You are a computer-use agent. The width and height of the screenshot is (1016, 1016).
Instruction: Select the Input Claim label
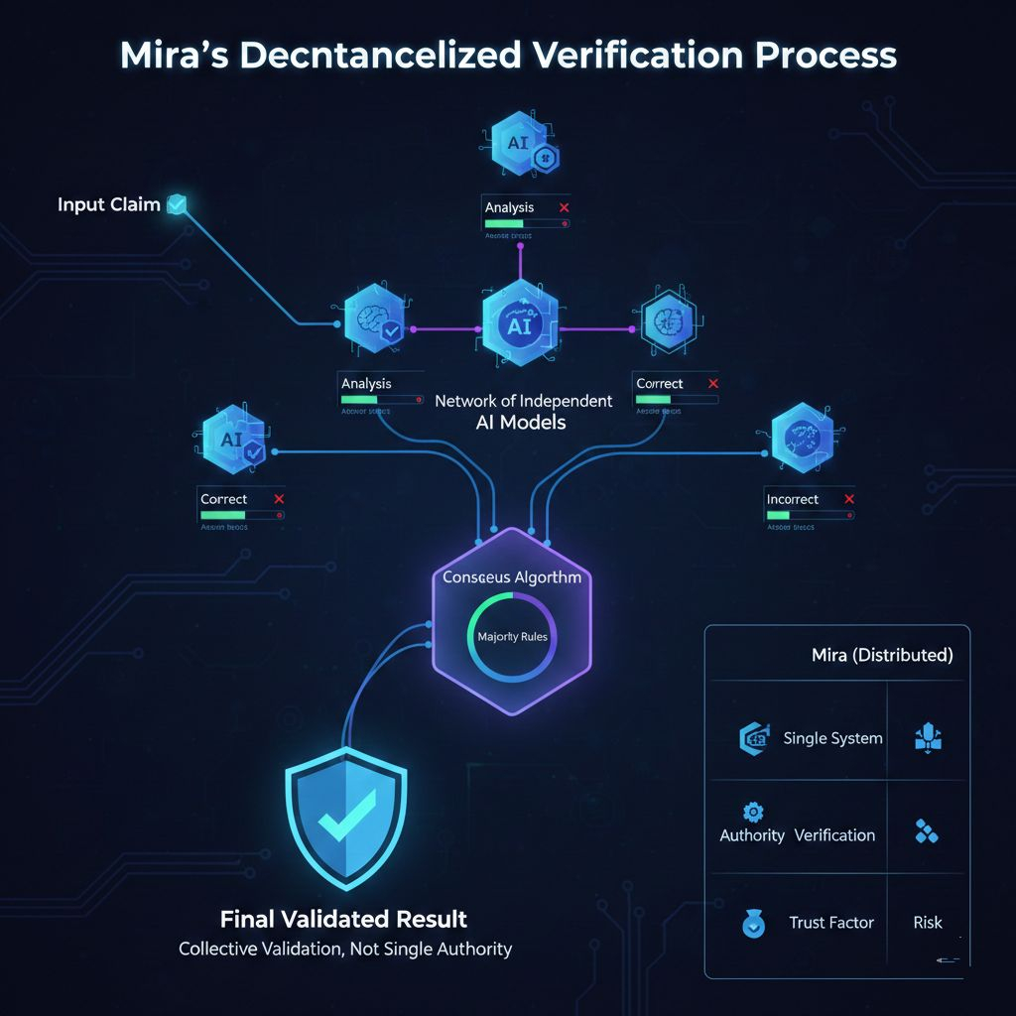[x=108, y=205]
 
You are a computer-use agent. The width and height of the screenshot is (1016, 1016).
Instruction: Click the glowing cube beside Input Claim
[x=177, y=204]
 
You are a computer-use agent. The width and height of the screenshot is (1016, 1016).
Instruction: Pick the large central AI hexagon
[x=519, y=326]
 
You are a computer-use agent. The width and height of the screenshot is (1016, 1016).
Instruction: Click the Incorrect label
[x=793, y=499]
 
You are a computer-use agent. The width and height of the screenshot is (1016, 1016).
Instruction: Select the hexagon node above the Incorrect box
[x=806, y=438]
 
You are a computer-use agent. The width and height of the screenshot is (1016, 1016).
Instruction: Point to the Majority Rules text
[x=512, y=637]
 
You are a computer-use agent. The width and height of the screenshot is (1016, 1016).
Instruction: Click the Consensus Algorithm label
[x=512, y=576]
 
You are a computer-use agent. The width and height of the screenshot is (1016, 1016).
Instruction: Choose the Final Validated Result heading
[x=343, y=918]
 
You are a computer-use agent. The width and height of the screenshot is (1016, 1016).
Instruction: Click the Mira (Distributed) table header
[x=881, y=655]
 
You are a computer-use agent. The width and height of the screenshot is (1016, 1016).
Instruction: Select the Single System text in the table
[x=832, y=738]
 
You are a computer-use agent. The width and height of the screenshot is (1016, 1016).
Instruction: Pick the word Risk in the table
[x=928, y=923]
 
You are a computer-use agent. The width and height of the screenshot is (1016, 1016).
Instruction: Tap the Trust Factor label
[x=831, y=923]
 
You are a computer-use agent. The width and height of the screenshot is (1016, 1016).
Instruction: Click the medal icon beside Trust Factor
[x=753, y=924]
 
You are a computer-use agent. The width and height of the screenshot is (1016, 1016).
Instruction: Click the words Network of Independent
[x=524, y=401]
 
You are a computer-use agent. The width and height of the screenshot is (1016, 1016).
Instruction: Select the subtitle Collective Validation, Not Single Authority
[x=345, y=950]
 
